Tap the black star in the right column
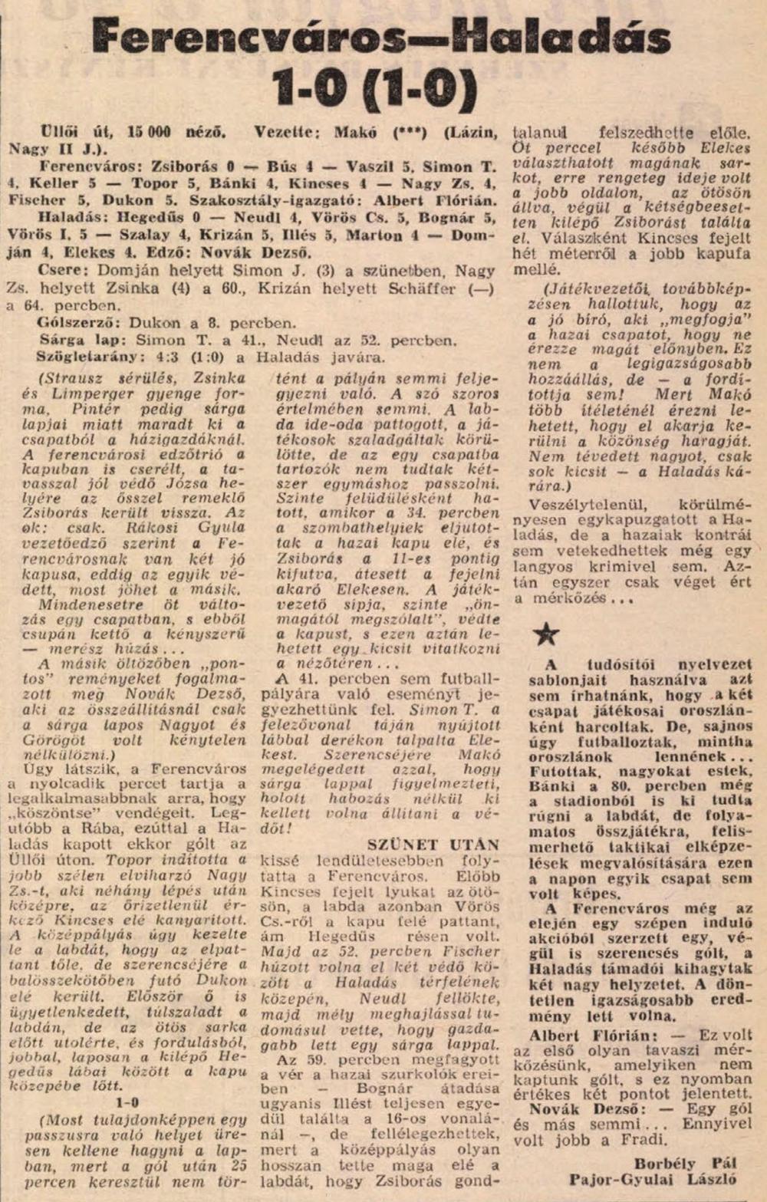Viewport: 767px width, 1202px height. tap(545, 634)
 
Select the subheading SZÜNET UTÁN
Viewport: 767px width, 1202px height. tap(433, 845)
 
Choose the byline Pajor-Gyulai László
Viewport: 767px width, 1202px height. tap(652, 1180)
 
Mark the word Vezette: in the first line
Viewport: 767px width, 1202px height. tap(287, 132)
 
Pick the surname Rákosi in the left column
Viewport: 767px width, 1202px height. tap(137, 528)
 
